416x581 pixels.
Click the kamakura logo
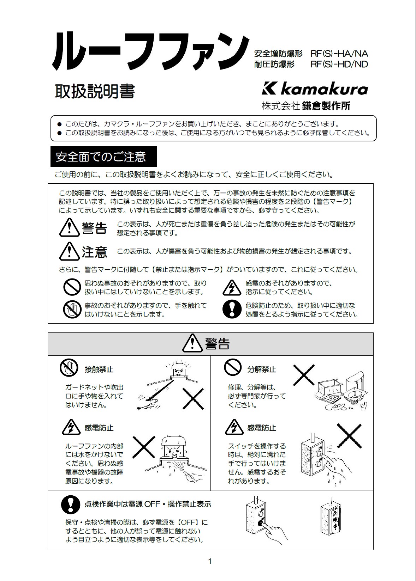pos(315,89)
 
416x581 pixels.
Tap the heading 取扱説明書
pos(95,92)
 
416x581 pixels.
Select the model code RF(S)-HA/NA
pos(339,54)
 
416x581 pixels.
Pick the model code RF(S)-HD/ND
pos(339,64)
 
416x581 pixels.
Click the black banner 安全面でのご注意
pos(103,157)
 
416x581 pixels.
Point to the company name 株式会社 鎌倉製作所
pos(306,106)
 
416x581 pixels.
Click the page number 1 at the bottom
pos(210,561)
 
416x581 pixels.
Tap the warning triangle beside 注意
pos(69,251)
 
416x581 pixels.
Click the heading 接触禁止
pos(99,369)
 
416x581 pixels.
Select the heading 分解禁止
pos(262,369)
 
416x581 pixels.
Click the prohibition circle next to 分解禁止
pos(233,367)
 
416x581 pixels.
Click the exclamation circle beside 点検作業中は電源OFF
pos(71,504)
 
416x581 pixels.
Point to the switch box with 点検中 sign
pos(332,519)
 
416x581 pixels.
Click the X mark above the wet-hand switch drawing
pos(349,436)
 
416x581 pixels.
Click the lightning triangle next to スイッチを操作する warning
pos(233,427)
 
